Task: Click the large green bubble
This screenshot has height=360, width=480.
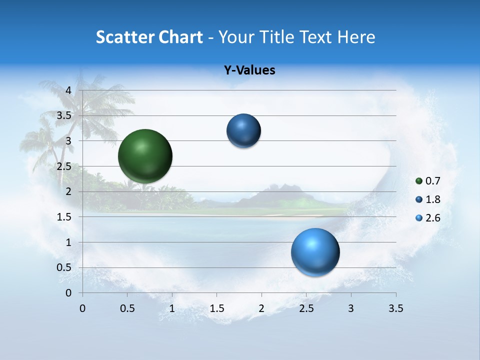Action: (145, 156)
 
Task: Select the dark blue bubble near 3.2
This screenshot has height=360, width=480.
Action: (243, 130)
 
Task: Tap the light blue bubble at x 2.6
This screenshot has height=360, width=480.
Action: (315, 252)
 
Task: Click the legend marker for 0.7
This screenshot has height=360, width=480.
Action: (419, 181)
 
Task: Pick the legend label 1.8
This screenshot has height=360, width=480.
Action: (433, 199)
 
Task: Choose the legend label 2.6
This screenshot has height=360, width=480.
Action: (433, 218)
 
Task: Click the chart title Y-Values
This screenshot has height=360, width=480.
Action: (249, 70)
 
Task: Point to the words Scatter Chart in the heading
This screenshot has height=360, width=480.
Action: (149, 37)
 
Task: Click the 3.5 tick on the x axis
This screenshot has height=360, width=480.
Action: (396, 308)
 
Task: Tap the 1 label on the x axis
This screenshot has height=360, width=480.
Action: (172, 308)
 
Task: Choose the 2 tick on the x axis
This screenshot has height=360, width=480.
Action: (261, 308)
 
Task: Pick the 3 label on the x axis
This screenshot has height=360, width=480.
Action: (351, 308)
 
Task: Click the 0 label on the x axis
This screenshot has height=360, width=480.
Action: (82, 308)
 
